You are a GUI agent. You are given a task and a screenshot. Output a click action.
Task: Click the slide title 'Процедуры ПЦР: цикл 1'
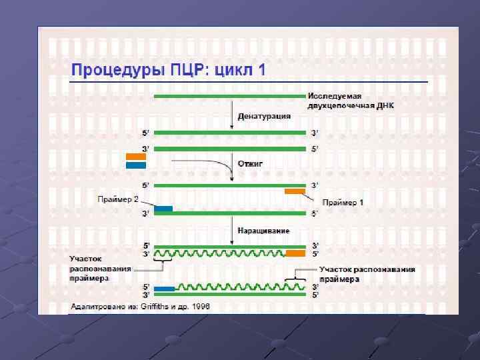168,70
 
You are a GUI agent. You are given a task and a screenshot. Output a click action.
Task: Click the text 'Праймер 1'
343,202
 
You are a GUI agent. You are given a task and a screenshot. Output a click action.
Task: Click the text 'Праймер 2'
118,199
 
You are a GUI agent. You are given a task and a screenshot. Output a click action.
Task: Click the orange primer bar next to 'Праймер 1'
295,192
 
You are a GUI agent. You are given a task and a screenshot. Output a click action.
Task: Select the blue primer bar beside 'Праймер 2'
163,209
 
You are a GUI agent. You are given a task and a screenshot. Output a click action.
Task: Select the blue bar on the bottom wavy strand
164,288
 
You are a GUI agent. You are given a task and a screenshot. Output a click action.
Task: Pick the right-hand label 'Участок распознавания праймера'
367,274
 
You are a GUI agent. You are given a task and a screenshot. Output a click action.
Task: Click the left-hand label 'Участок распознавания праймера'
100,269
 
